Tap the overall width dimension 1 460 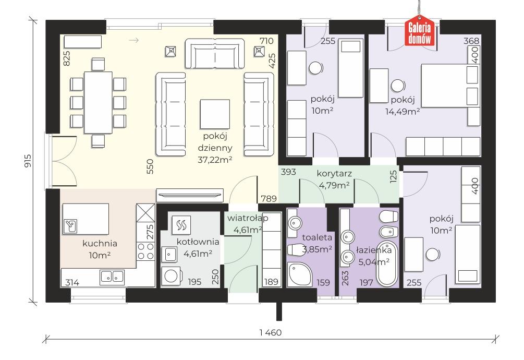click(271, 332)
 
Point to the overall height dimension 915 click(28, 161)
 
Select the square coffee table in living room click(215, 114)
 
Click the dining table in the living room click(98, 102)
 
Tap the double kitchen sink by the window click(112, 277)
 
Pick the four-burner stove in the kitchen click(145, 251)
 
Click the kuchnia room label click(100, 244)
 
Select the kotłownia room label click(198, 242)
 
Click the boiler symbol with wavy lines click(181, 224)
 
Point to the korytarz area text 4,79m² click(334, 185)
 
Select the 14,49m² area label click(403, 112)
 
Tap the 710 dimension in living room click(266, 41)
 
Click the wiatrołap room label click(248, 218)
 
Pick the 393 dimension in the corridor click(288, 172)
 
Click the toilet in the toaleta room click(295, 249)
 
